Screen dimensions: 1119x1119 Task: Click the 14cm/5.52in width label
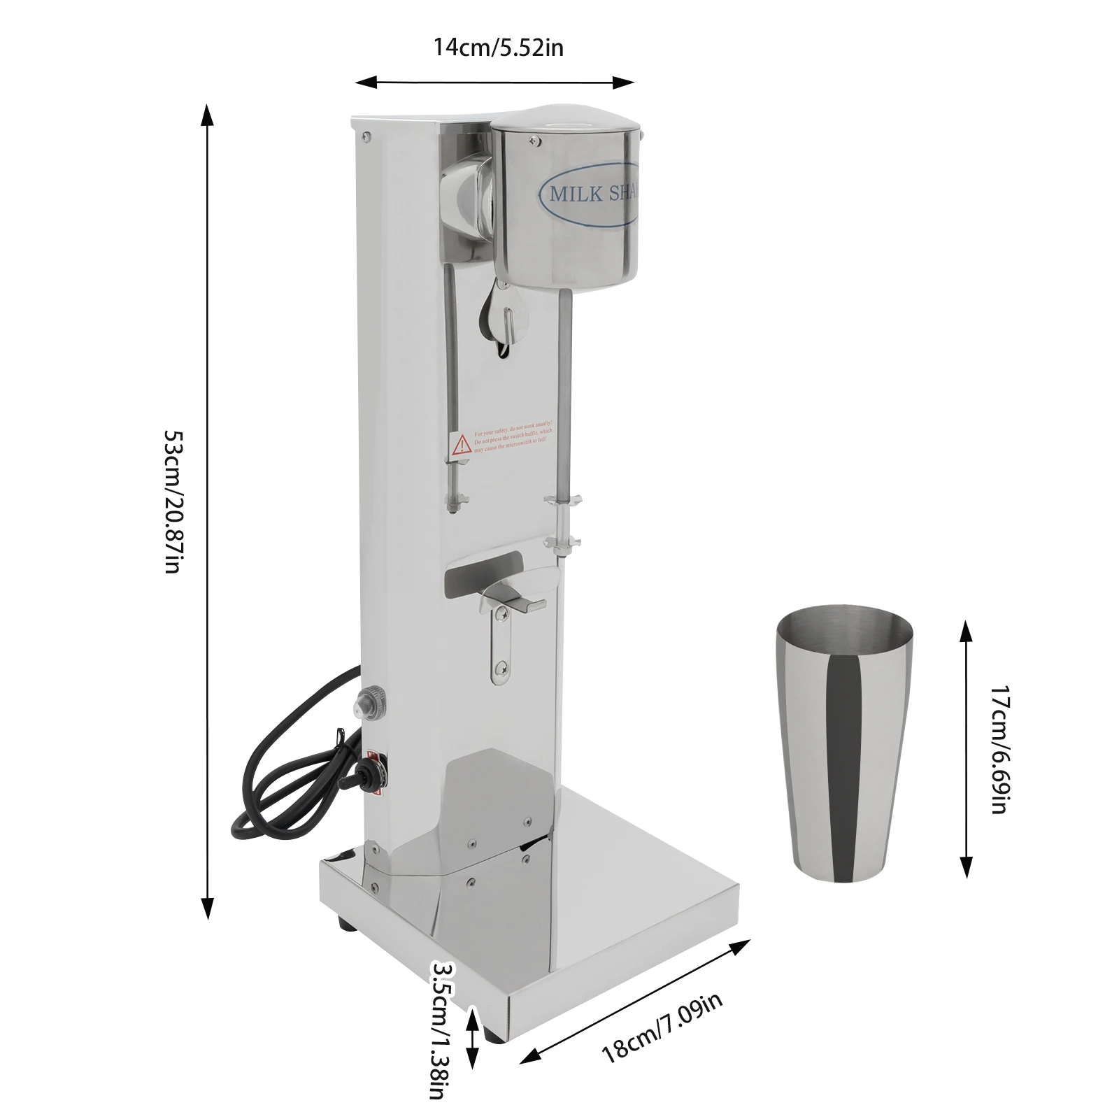click(498, 48)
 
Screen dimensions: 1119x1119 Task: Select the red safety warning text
click(511, 436)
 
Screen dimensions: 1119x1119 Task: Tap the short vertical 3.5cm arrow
click(473, 1039)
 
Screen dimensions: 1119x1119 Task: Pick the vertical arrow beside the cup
click(966, 748)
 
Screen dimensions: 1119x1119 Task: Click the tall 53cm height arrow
click(207, 511)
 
